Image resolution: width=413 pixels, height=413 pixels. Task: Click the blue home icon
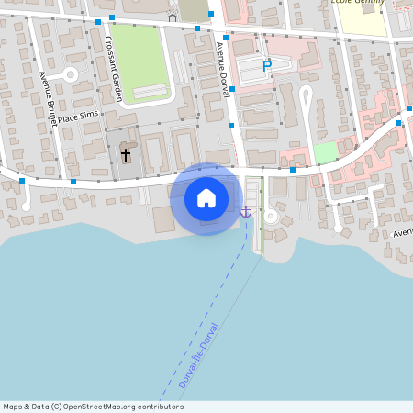point(206,198)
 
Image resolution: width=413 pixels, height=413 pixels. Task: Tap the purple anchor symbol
point(245,212)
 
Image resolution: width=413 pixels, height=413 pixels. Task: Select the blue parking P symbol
point(267,65)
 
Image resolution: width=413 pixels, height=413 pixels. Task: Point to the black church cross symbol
point(126,155)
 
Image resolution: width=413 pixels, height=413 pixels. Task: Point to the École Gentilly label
point(358,3)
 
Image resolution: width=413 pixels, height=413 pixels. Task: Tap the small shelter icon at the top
point(172,17)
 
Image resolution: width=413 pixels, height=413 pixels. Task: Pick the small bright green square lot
point(325,152)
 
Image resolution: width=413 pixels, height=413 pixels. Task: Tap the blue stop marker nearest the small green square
point(293,169)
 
